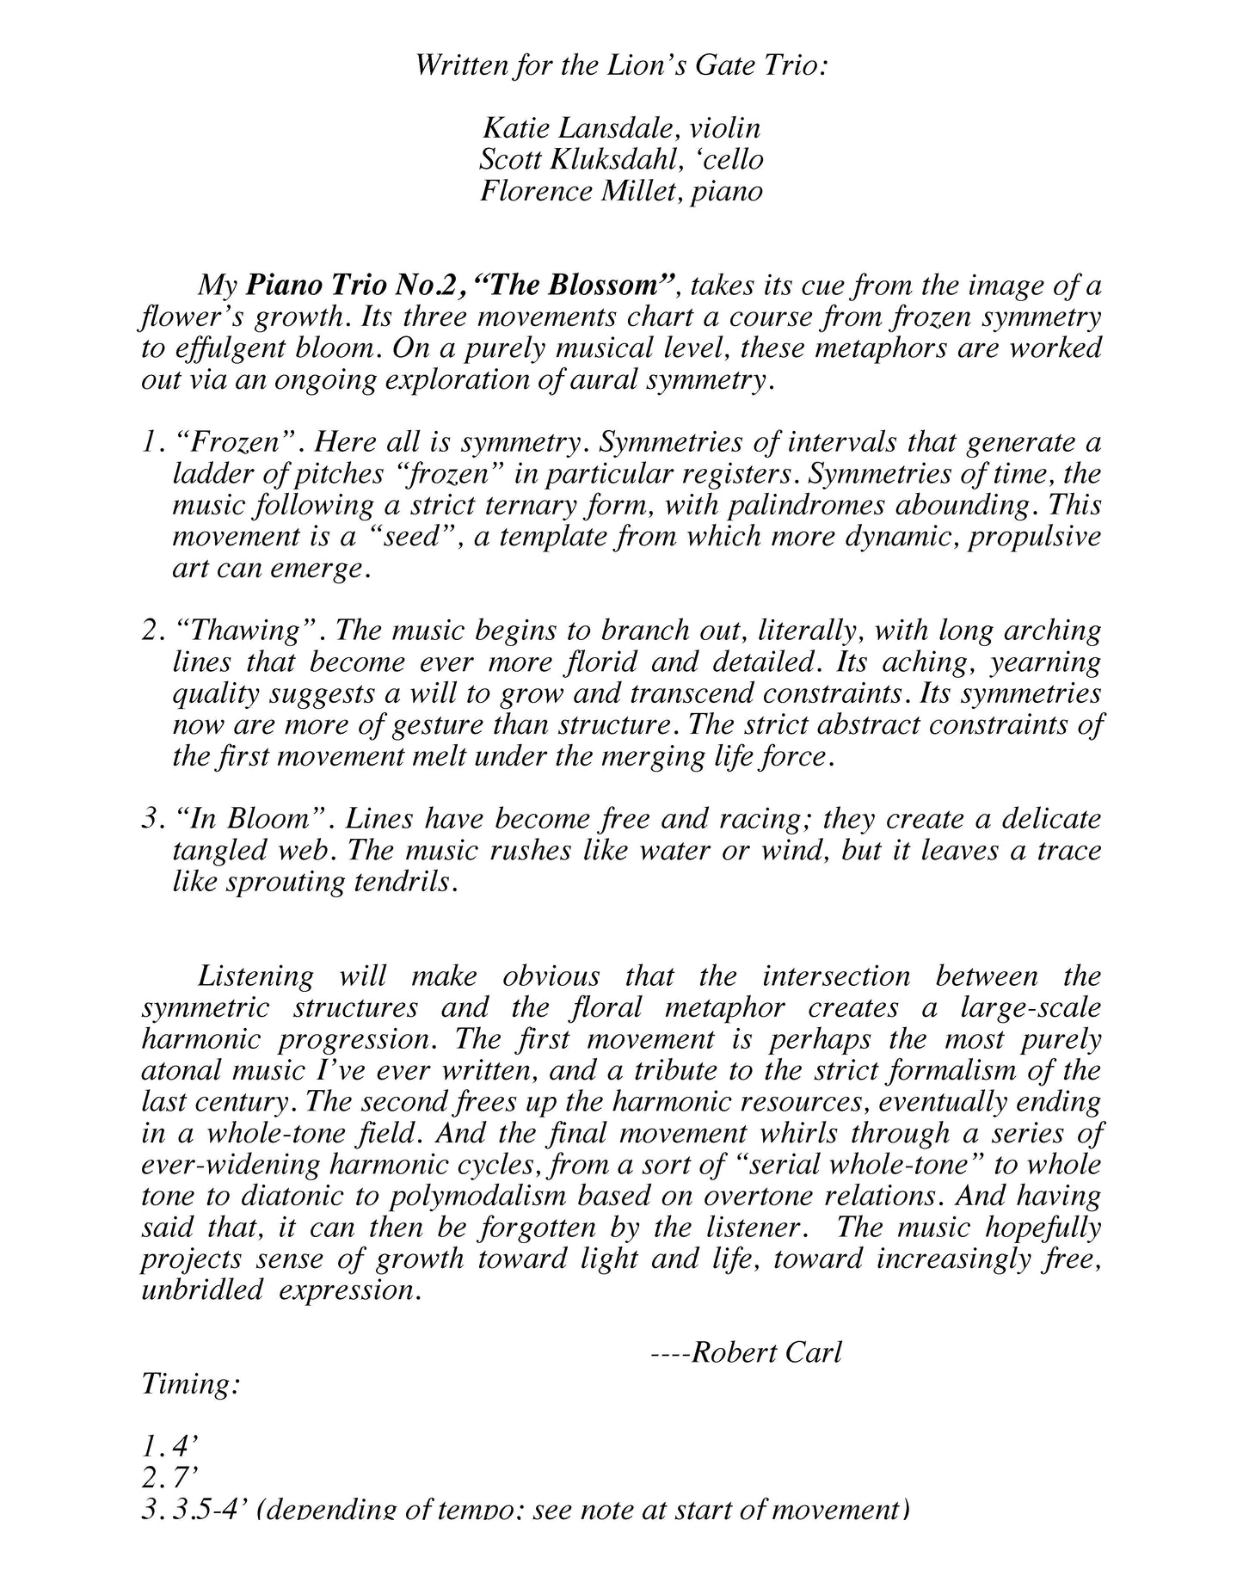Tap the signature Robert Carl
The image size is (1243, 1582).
766,1353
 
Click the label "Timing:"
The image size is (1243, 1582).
190,1385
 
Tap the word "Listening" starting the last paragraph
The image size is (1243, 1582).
255,976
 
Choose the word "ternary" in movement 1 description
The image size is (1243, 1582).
554,505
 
